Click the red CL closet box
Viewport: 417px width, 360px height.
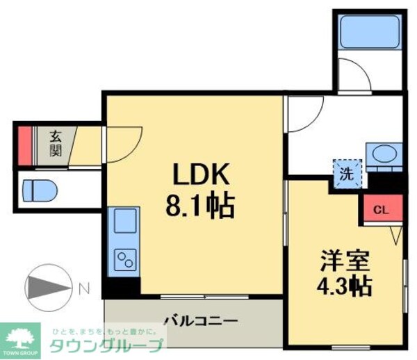(x=380, y=208)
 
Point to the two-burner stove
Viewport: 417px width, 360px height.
(x=125, y=261)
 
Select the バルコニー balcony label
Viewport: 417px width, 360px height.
(x=201, y=320)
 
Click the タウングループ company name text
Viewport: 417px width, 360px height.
(x=106, y=345)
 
